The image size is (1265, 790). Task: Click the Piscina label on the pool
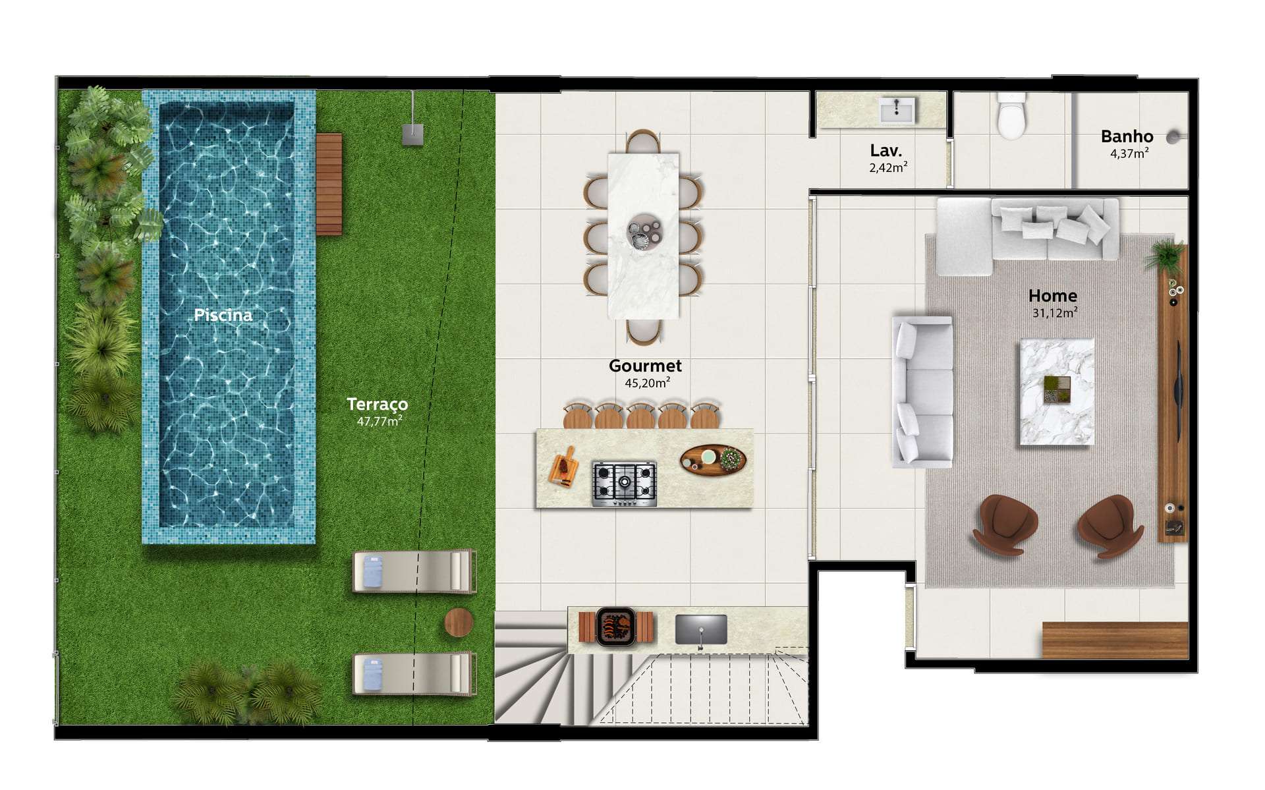pos(223,315)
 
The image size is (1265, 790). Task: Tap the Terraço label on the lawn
pos(378,404)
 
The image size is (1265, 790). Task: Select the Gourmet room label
pos(645,366)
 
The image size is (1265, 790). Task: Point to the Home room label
pos(1053,296)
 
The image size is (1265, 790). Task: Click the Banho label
pos(1127,136)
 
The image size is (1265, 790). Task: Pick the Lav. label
pos(886,151)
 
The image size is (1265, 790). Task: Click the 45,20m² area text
pos(648,383)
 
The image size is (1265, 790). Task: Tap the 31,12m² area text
pos(1055,313)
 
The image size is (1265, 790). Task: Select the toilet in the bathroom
pos(1011,116)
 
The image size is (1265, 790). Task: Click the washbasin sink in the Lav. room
pos(897,110)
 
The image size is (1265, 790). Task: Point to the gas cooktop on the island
pos(624,484)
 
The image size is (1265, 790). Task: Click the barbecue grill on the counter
pos(616,627)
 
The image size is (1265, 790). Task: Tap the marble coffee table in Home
pos(1057,392)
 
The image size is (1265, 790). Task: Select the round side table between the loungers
pos(459,622)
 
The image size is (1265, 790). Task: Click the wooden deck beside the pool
pos(329,184)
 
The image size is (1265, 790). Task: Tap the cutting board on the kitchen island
pos(563,467)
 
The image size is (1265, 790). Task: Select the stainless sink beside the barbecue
pos(701,630)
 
